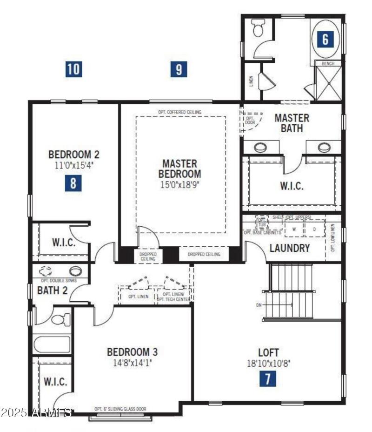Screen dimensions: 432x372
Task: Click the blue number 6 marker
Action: coord(325,39)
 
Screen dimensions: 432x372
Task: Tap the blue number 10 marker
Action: coord(73,69)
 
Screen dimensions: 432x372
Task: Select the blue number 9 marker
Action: coord(179,69)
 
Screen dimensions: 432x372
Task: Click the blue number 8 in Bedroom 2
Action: coord(73,183)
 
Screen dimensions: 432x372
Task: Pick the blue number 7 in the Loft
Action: coord(267,378)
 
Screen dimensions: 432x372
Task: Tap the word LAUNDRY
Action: coord(290,248)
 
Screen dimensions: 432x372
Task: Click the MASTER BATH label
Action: coord(292,123)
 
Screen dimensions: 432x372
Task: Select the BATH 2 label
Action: coord(53,290)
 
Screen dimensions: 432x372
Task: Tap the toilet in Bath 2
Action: coord(60,319)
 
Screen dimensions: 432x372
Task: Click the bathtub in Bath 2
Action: coord(52,344)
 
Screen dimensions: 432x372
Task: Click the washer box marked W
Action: coord(293,229)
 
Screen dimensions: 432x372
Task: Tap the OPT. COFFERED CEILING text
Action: coord(179,112)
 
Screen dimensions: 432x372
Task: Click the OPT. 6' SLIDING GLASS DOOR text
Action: coord(120,409)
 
